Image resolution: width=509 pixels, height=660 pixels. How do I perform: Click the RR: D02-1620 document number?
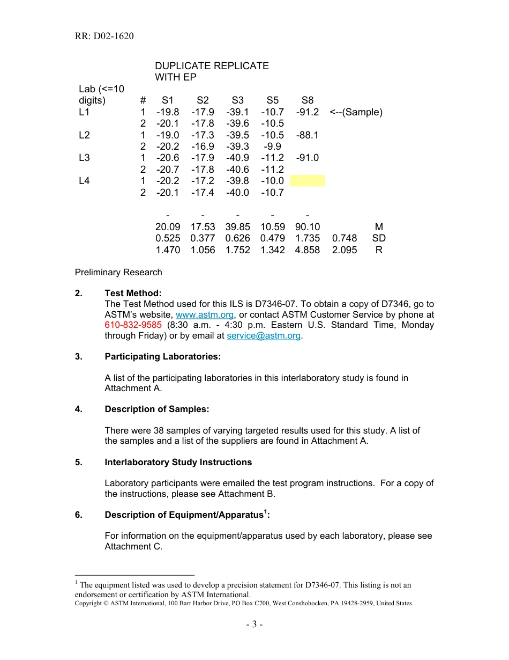(x=104, y=36)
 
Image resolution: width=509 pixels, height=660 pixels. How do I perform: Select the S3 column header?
(x=237, y=100)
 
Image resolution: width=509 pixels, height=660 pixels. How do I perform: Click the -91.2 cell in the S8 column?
(x=307, y=112)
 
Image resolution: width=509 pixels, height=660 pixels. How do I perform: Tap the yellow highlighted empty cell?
(x=307, y=181)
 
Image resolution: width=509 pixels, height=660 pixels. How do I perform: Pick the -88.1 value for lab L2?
(x=307, y=135)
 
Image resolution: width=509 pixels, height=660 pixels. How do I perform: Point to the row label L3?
(x=84, y=158)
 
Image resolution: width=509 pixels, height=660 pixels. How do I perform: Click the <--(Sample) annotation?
(x=356, y=112)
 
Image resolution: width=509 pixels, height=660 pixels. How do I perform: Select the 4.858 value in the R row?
(x=307, y=250)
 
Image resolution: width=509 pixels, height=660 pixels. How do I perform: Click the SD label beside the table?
(x=379, y=238)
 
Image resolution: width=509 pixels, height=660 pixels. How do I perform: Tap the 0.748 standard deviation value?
(x=345, y=238)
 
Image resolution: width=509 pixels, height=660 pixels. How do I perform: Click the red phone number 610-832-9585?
(x=133, y=325)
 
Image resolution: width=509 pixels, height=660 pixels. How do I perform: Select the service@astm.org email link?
(x=264, y=336)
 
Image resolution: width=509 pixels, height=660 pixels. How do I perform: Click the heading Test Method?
(x=133, y=294)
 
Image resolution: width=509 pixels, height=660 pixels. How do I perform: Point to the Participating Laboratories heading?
(x=162, y=357)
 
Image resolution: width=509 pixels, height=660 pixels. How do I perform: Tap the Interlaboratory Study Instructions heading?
(x=178, y=463)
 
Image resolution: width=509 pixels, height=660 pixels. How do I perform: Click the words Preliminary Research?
(x=118, y=273)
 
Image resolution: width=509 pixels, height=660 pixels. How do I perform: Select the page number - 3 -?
(x=254, y=625)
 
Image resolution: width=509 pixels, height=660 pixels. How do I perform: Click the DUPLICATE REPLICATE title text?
(x=212, y=66)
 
